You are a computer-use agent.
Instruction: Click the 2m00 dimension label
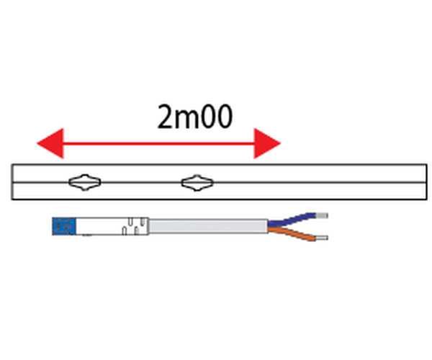pos(194,116)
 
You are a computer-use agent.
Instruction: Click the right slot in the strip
pos(195,183)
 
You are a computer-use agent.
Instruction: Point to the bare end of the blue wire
pos(322,214)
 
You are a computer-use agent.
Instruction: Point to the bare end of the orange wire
pos(322,238)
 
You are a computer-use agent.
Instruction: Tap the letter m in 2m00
pos(188,117)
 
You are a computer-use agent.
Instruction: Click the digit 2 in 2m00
pos(165,116)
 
